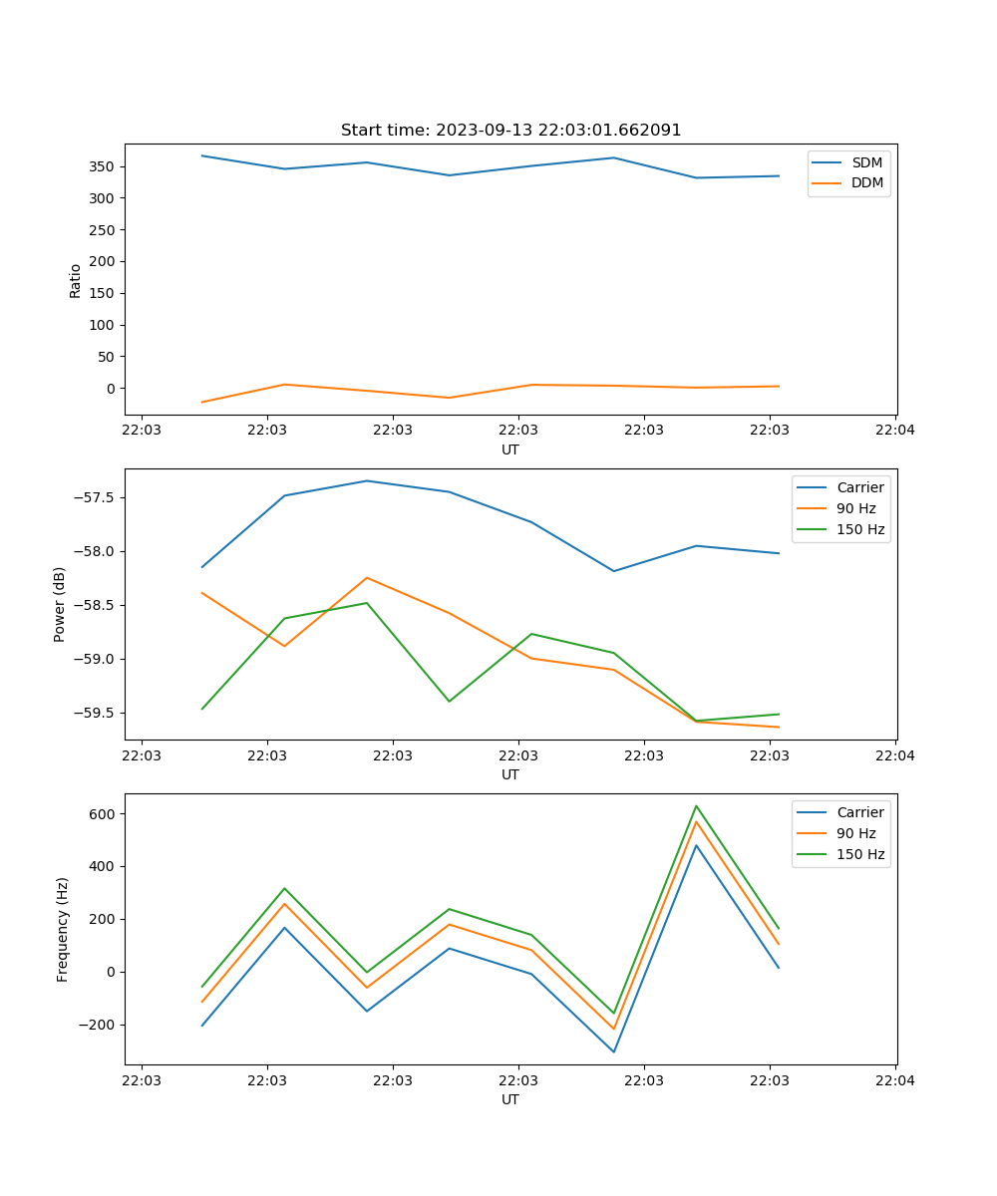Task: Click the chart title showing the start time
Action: pyautogui.click(x=510, y=131)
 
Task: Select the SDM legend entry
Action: pyautogui.click(x=866, y=162)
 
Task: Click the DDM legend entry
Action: pyautogui.click(x=866, y=182)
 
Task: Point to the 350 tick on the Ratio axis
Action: pyautogui.click(x=104, y=166)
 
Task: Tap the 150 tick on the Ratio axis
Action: pyautogui.click(x=104, y=293)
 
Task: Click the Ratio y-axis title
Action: pyautogui.click(x=76, y=281)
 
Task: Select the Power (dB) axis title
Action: pyautogui.click(x=60, y=604)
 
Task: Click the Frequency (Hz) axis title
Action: pyautogui.click(x=63, y=929)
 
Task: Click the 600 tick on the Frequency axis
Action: pyautogui.click(x=104, y=814)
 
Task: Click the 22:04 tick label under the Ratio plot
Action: pyautogui.click(x=894, y=431)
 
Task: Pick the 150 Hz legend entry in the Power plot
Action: pyautogui.click(x=859, y=529)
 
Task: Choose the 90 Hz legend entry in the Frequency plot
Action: pyautogui.click(x=855, y=833)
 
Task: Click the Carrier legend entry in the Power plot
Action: pyautogui.click(x=859, y=487)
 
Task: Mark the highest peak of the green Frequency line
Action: pyautogui.click(x=696, y=805)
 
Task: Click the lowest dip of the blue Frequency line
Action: pyautogui.click(x=613, y=1051)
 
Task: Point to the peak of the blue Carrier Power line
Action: pyautogui.click(x=367, y=480)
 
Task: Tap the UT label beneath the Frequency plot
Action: pyautogui.click(x=510, y=1099)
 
